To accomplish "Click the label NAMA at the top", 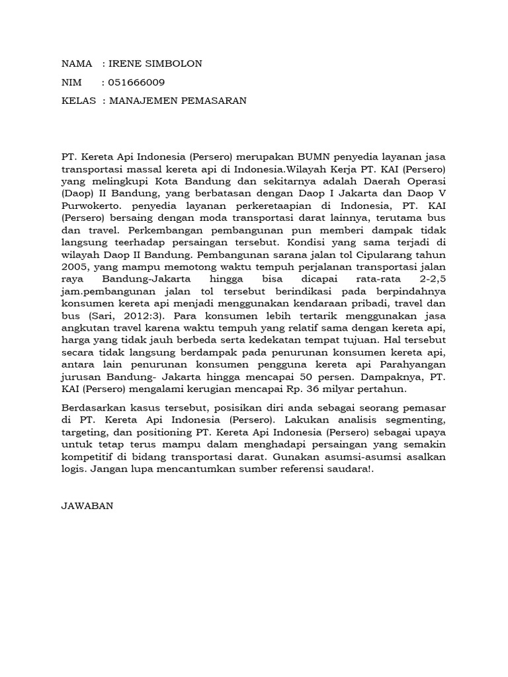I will [x=77, y=63].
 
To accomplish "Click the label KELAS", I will [x=79, y=100].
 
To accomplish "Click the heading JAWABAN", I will [x=87, y=506].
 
